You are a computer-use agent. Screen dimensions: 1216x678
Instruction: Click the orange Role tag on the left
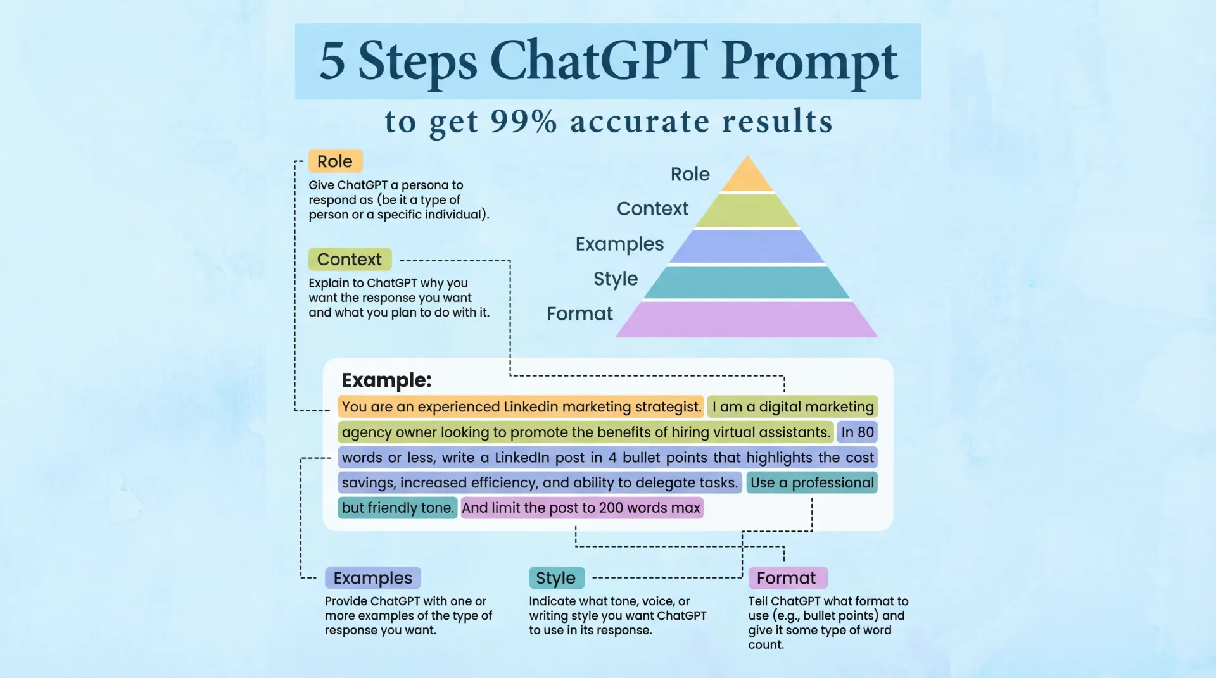(x=335, y=161)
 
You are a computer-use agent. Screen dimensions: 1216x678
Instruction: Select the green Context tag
(x=350, y=260)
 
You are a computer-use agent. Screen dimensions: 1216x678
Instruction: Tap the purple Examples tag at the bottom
(x=373, y=578)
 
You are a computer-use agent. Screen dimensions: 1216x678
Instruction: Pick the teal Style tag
(x=556, y=578)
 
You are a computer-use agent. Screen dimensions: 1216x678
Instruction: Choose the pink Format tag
(x=787, y=578)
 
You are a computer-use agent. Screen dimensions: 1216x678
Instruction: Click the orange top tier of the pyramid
(x=747, y=176)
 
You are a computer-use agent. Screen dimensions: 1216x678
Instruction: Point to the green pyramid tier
(x=747, y=211)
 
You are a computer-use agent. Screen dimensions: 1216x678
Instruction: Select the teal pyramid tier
(x=747, y=282)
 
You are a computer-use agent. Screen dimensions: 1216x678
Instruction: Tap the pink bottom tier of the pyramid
(x=747, y=320)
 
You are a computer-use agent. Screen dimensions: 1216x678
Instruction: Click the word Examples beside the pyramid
(x=619, y=244)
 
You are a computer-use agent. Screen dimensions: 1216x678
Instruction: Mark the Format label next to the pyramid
(x=579, y=313)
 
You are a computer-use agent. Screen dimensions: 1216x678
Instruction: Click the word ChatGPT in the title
(x=598, y=61)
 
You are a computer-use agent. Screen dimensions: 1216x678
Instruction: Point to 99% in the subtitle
(x=524, y=121)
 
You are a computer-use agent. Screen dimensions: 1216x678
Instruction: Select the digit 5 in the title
(x=332, y=61)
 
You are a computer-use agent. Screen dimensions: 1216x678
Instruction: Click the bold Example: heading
(x=386, y=380)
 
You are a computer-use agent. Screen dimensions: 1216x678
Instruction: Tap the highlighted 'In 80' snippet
(x=858, y=432)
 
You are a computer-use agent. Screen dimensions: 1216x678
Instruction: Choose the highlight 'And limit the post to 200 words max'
(x=582, y=508)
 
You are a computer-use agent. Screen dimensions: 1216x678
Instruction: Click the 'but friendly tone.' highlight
(x=398, y=508)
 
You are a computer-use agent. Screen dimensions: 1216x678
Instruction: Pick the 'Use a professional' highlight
(x=812, y=482)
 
